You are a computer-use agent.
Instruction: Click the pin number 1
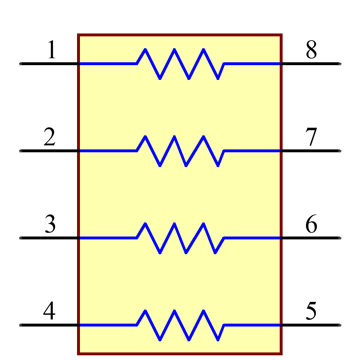tap(52, 50)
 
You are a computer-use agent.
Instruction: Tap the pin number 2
tap(50, 137)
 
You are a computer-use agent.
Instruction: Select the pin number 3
tap(50, 224)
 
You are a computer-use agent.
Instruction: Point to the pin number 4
tap(49, 311)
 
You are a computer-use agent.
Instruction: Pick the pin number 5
tap(311, 311)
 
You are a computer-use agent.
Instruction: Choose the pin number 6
tap(311, 224)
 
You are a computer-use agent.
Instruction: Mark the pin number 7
tap(311, 137)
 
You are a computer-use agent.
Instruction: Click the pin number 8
tap(311, 50)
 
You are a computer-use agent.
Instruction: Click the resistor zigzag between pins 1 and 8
tap(180, 64)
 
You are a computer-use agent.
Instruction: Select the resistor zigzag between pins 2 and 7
tap(180, 151)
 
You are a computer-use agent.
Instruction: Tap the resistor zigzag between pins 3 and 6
tap(180, 238)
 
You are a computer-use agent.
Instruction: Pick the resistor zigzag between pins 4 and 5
tap(180, 325)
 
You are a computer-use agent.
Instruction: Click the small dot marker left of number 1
tap(20, 64)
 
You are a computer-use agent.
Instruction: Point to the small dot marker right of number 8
tap(340, 64)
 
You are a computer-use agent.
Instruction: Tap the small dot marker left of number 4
tap(20, 325)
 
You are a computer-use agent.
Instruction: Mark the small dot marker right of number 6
tap(340, 238)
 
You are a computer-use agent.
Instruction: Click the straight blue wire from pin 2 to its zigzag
tap(107, 151)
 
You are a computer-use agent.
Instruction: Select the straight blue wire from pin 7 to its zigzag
tap(252, 151)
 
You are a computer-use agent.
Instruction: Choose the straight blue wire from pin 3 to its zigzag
tap(107, 238)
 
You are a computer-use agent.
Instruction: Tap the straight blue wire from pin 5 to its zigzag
tap(252, 325)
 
